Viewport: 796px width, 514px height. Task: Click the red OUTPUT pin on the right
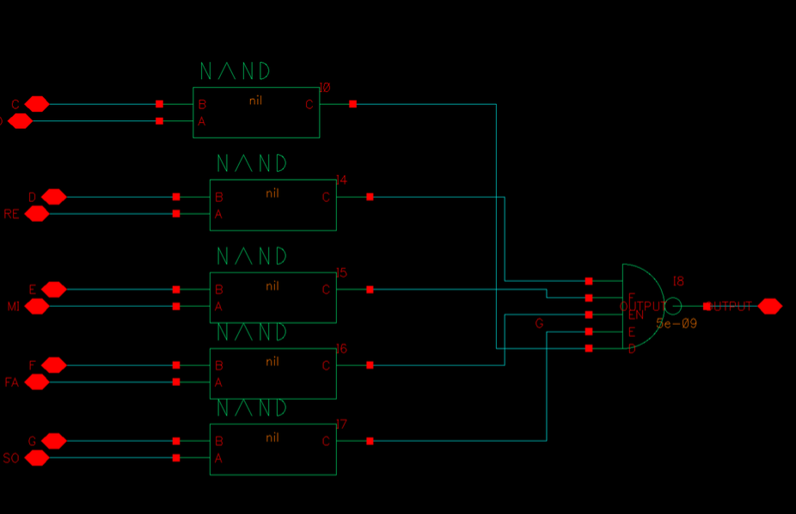(769, 306)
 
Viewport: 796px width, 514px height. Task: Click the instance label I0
(324, 88)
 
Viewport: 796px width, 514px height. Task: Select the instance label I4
(341, 181)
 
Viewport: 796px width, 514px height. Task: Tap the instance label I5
(341, 273)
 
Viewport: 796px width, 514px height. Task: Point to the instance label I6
(341, 349)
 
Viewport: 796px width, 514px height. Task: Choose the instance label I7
(341, 425)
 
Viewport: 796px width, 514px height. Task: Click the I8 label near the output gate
(678, 282)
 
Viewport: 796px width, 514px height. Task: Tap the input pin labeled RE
(37, 214)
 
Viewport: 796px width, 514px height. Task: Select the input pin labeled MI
(37, 306)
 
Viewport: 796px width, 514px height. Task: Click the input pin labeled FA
(37, 382)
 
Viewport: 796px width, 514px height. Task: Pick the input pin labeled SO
(37, 458)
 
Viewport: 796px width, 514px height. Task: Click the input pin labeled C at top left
(37, 104)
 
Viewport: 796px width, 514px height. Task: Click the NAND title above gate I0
(235, 71)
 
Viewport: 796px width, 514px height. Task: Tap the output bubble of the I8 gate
(674, 306)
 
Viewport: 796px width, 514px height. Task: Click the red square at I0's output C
(353, 104)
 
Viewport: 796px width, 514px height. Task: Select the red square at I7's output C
(370, 441)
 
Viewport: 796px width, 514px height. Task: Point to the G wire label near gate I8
(539, 324)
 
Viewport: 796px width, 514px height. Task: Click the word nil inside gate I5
(272, 286)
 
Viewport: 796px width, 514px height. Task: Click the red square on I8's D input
(589, 348)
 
